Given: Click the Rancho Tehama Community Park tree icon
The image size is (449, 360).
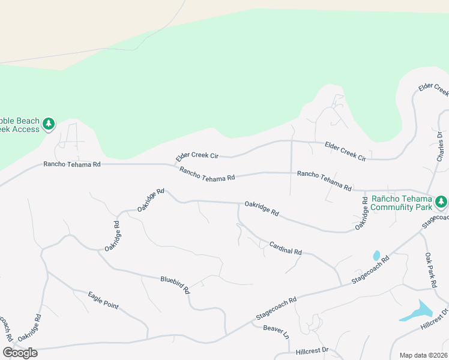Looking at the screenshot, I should (x=441, y=202).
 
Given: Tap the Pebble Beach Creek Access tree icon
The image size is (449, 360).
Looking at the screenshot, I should (x=49, y=124).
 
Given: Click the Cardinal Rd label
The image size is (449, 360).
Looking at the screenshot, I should (x=285, y=248).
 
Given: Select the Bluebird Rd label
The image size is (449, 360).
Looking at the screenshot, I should (x=175, y=284).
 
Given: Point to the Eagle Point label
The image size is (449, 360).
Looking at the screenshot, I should (x=103, y=300).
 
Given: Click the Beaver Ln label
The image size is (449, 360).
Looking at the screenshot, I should (x=276, y=331).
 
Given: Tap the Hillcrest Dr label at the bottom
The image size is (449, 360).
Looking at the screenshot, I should (x=313, y=350).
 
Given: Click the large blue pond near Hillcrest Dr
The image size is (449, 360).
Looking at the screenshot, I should (x=416, y=311).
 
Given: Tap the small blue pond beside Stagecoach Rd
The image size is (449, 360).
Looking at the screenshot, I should (x=376, y=256).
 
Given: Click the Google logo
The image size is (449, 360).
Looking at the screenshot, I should (x=20, y=353).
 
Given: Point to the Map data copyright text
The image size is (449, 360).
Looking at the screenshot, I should (x=423, y=355).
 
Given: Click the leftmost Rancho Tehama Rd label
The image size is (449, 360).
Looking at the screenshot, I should (x=71, y=164).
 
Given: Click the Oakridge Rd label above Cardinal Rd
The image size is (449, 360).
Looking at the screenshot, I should (x=261, y=208).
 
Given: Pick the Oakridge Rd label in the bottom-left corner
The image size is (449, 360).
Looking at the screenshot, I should (x=29, y=329).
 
